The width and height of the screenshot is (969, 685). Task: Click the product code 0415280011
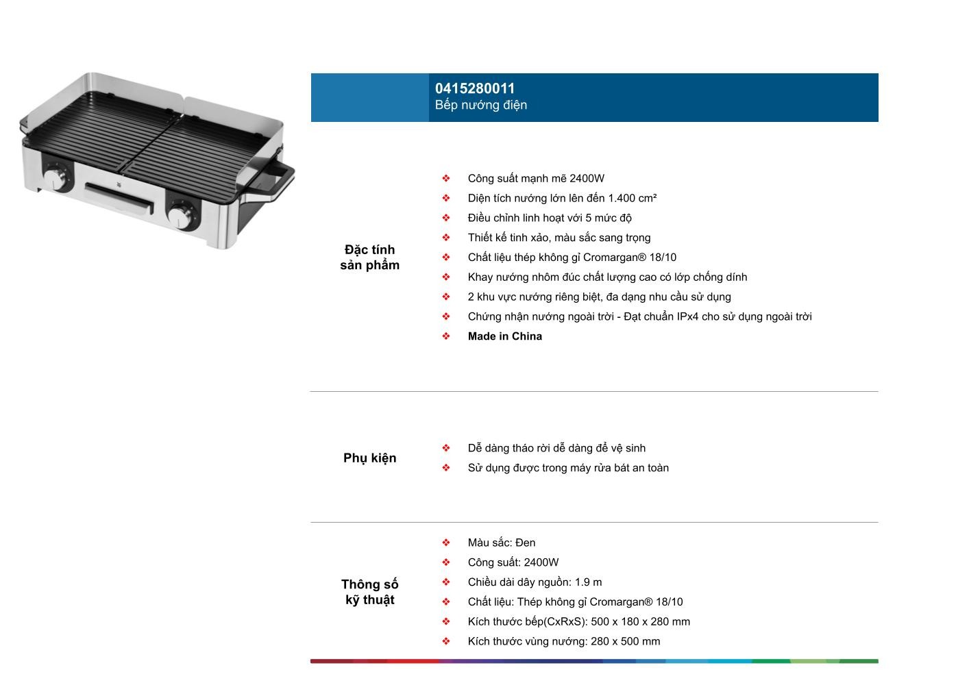[x=475, y=88]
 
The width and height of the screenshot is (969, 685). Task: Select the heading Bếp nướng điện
[x=480, y=105]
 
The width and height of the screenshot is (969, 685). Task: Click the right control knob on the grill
[x=181, y=216]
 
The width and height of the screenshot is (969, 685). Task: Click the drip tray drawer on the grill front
[x=119, y=197]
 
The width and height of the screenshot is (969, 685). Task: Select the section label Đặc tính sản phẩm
[x=369, y=258]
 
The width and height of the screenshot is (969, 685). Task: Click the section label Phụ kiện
[x=369, y=458]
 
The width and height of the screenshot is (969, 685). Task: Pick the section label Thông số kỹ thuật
[x=369, y=592]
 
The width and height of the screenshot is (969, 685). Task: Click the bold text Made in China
[x=504, y=336]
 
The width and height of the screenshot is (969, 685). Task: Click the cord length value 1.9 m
[x=588, y=582]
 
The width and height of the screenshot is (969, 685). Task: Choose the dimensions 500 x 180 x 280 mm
[x=640, y=622]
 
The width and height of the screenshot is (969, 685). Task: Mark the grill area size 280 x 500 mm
[x=624, y=642]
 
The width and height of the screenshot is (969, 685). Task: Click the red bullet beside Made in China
[x=446, y=336]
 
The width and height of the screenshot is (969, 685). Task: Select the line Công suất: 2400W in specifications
[x=513, y=562]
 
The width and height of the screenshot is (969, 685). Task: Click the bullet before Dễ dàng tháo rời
[x=446, y=448]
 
